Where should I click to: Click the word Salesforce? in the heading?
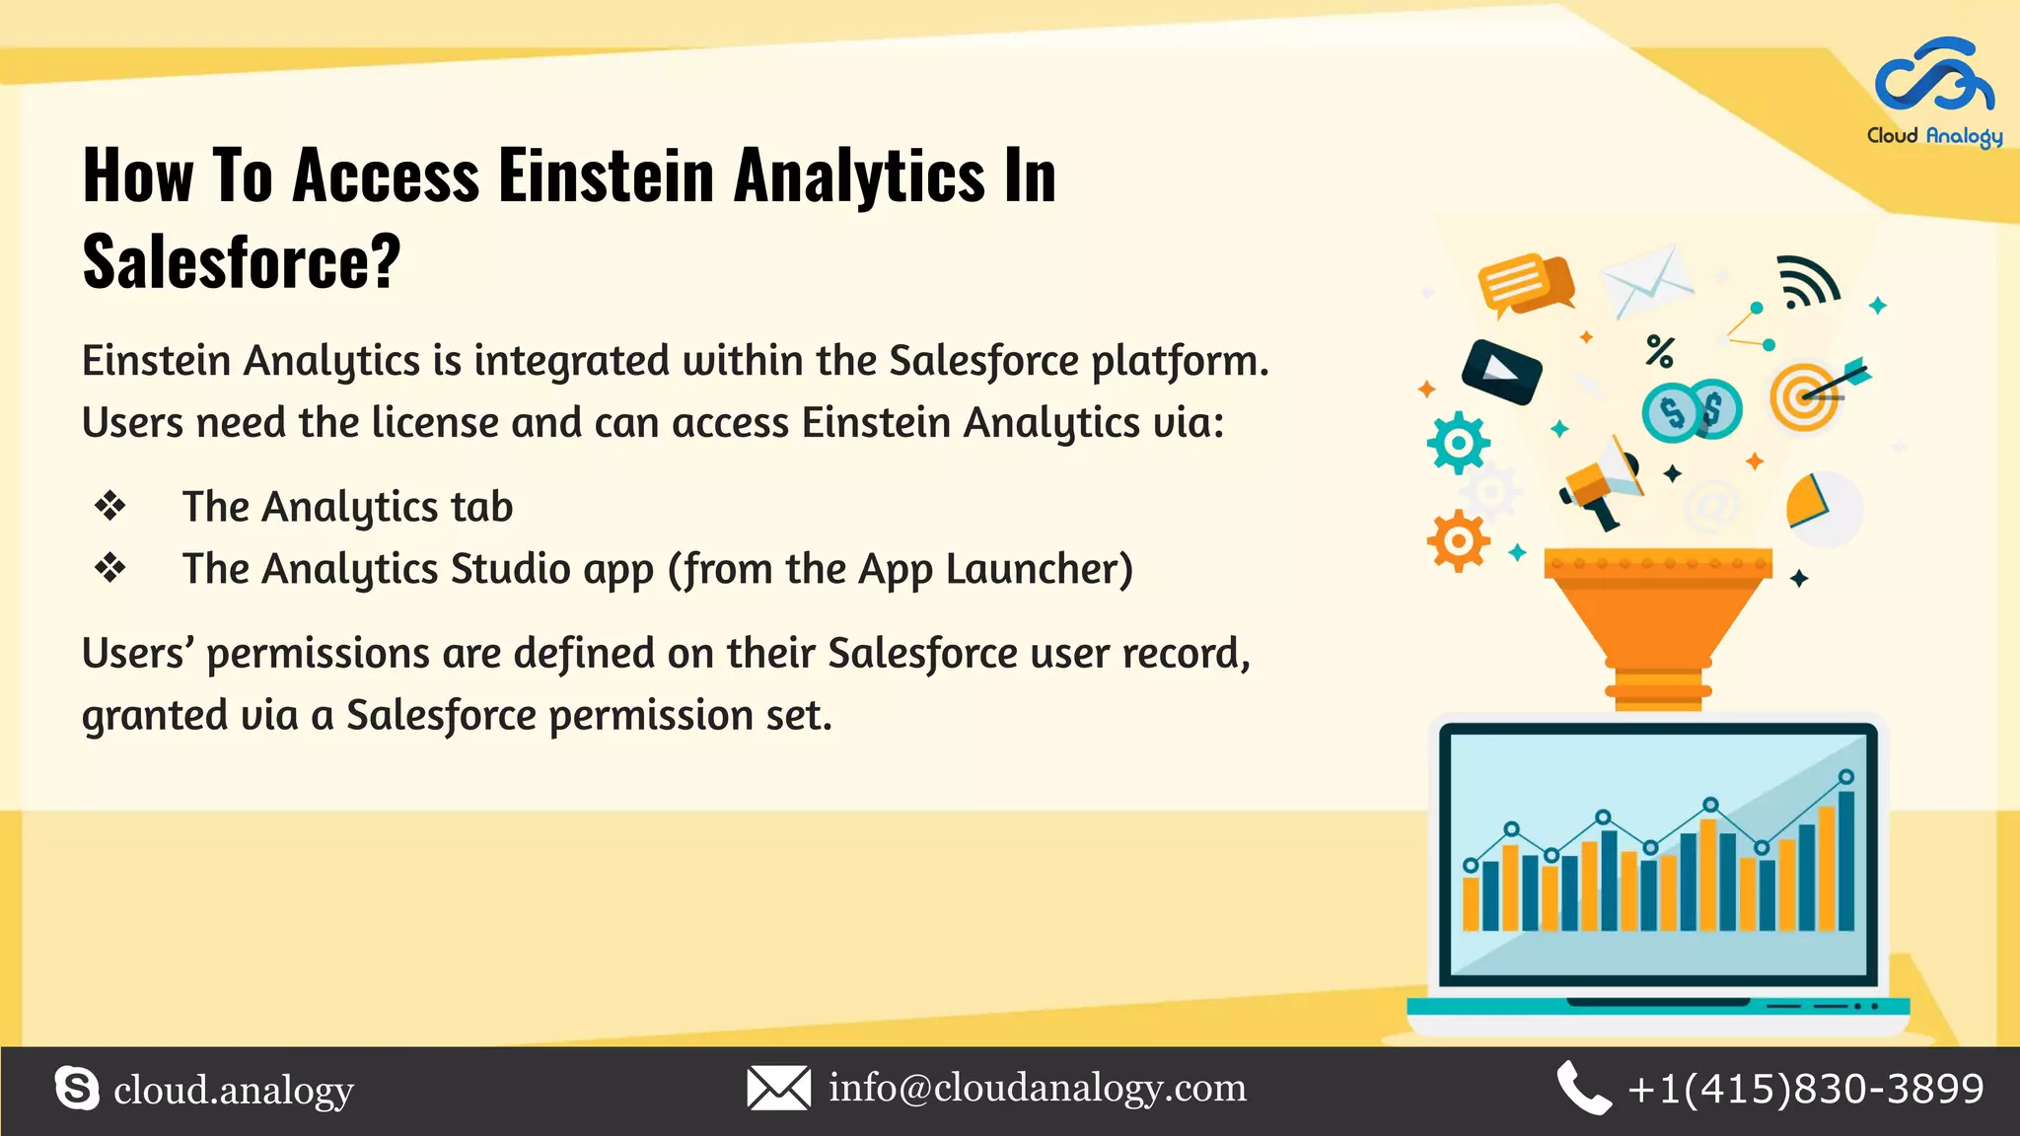tap(242, 262)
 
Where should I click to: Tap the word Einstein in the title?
tap(606, 176)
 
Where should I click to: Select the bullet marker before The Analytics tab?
tap(109, 507)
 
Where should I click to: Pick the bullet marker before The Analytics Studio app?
tap(109, 568)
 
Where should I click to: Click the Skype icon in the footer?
tap(77, 1089)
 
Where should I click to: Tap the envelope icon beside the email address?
tap(778, 1088)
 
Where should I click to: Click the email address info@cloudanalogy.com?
tap(1037, 1088)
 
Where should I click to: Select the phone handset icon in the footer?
tap(1582, 1089)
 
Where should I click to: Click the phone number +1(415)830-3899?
tap(1805, 1089)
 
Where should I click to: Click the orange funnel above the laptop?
tap(1658, 621)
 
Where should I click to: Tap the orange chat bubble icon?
tap(1524, 284)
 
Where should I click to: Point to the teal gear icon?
tap(1458, 443)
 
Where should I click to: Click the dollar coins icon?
tap(1692, 410)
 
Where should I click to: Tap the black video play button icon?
tap(1500, 372)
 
